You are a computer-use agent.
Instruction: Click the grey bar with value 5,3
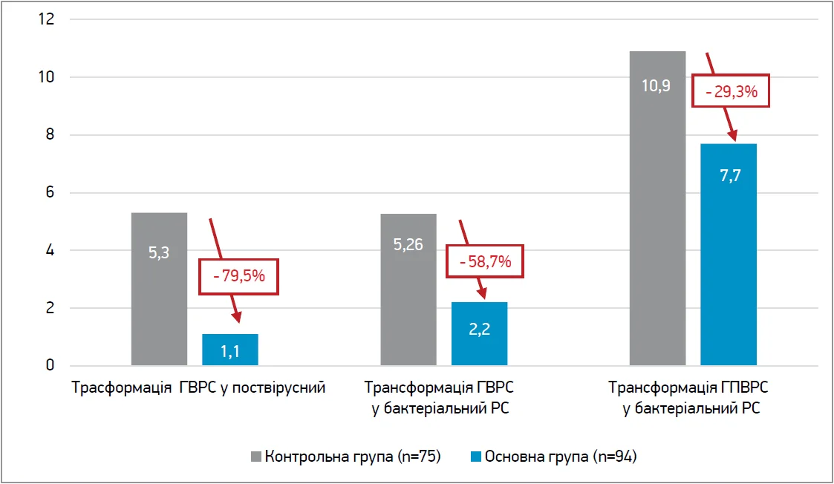pyautogui.click(x=159, y=289)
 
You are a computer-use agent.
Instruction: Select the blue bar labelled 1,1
pyautogui.click(x=230, y=350)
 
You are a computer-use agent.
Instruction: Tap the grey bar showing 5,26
pyautogui.click(x=408, y=290)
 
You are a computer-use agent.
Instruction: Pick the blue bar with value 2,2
pyautogui.click(x=479, y=333)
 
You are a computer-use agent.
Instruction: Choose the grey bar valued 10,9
pyautogui.click(x=657, y=208)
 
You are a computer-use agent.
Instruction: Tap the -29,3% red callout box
pyautogui.click(x=729, y=92)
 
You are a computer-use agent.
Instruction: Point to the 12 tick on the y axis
pyautogui.click(x=47, y=19)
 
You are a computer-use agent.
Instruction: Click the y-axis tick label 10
pyautogui.click(x=47, y=77)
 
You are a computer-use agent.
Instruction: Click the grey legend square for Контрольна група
pyautogui.click(x=256, y=457)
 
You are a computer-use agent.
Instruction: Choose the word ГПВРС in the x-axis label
pyautogui.click(x=743, y=388)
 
